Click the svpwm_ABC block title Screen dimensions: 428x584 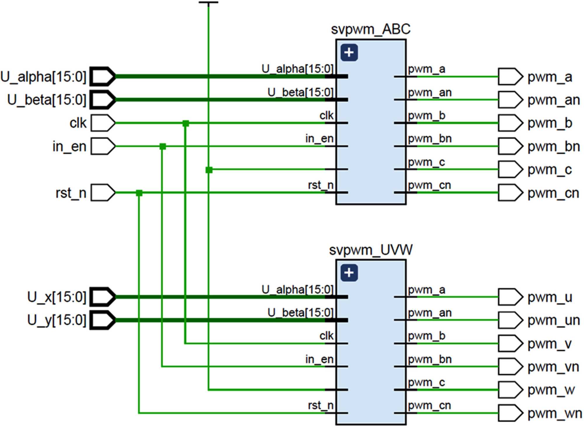pos(371,29)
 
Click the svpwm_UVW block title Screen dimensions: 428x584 pos(371,250)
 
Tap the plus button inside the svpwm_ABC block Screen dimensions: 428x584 pos(349,53)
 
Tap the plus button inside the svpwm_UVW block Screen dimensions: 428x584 pos(349,273)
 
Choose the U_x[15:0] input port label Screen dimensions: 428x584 pos(57,297)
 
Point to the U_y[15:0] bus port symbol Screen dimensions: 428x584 pos(102,320)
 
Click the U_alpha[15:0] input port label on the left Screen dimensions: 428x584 pos(43,77)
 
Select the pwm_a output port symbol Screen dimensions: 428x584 pos(510,77)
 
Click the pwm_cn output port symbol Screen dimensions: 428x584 pos(510,193)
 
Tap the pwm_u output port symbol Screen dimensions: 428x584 pos(510,297)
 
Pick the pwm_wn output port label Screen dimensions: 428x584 pos(555,413)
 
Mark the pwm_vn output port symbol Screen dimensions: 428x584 pos(510,366)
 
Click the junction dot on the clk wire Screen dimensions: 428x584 pos(186,123)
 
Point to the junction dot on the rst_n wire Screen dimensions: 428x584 pos(139,193)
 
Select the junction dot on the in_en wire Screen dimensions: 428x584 pos(163,146)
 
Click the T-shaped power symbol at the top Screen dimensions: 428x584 pos(208,3)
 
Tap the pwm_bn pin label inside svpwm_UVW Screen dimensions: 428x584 pos(430,359)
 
